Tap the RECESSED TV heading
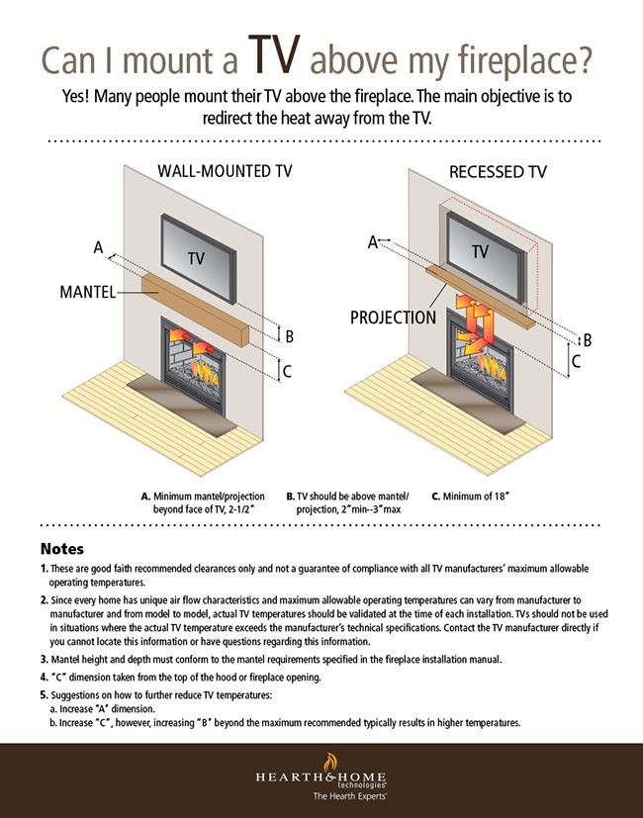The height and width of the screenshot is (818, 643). [x=498, y=171]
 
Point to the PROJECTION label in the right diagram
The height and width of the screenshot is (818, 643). [x=392, y=318]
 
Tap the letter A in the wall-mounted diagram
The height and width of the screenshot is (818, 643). [x=99, y=247]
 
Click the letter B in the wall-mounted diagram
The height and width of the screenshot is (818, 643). [x=289, y=336]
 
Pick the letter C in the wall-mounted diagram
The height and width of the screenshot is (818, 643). [x=288, y=372]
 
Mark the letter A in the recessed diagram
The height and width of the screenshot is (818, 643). [x=373, y=240]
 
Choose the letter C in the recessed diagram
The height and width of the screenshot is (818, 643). [x=577, y=362]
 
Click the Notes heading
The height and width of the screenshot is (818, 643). [x=61, y=548]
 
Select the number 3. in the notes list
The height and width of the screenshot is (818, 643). [x=45, y=658]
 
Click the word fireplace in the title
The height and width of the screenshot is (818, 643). [x=515, y=60]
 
